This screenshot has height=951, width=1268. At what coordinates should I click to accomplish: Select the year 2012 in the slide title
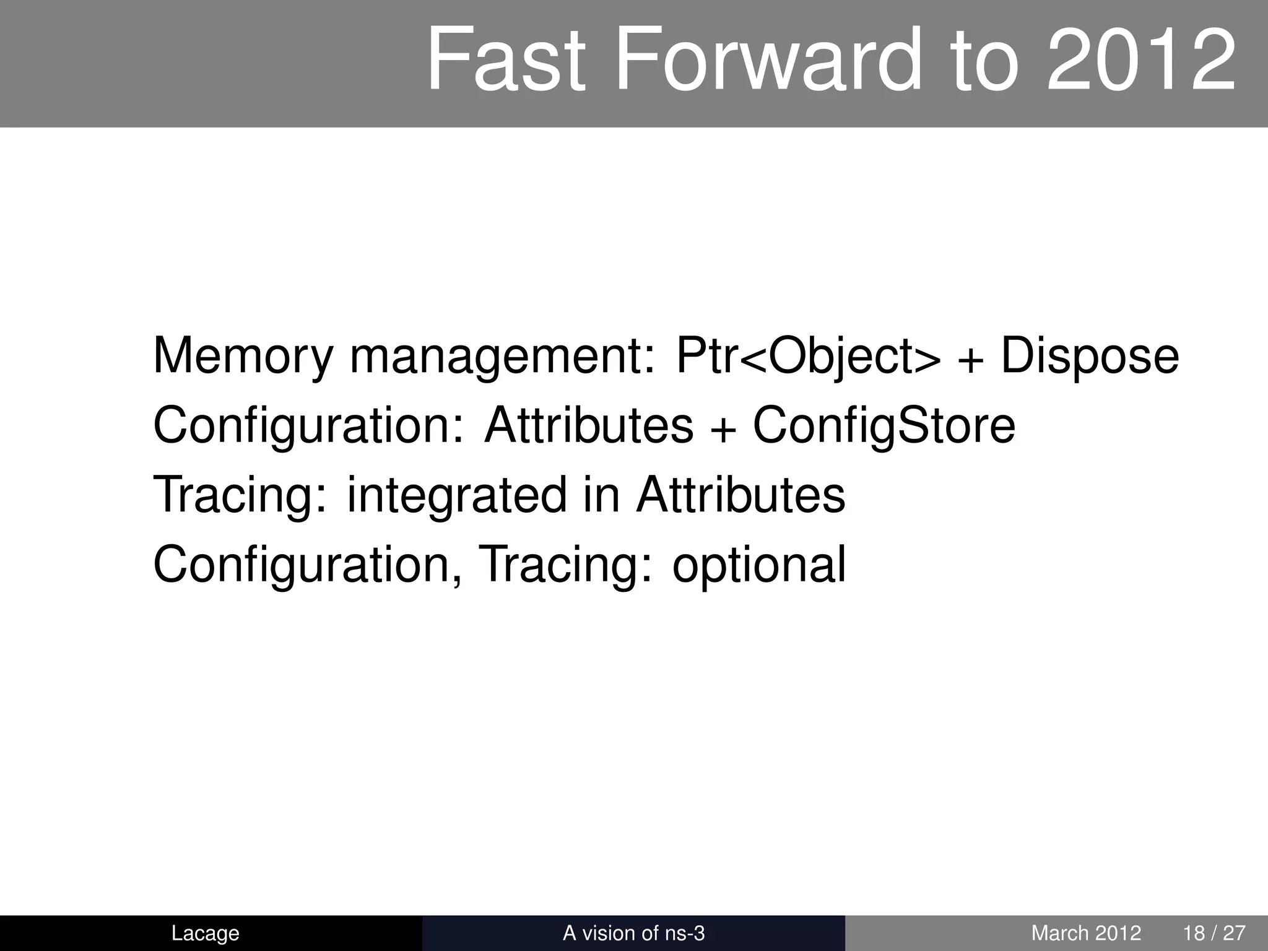(1141, 61)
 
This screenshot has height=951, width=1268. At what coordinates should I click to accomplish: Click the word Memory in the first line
(243, 357)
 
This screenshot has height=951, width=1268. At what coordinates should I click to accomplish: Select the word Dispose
(1090, 357)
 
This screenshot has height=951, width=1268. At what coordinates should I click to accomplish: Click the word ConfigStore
(884, 426)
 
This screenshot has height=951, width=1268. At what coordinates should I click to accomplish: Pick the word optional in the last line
(758, 565)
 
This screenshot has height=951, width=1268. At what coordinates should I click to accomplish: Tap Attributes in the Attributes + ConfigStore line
(589, 426)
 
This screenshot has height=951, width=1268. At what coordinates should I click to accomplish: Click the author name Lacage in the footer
(205, 933)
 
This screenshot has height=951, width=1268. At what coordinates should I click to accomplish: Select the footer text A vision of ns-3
(633, 933)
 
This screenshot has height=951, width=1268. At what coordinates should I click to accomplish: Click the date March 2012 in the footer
(1086, 933)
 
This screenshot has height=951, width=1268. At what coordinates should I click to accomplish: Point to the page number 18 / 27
(1214, 933)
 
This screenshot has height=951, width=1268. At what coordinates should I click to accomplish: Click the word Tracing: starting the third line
(240, 496)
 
